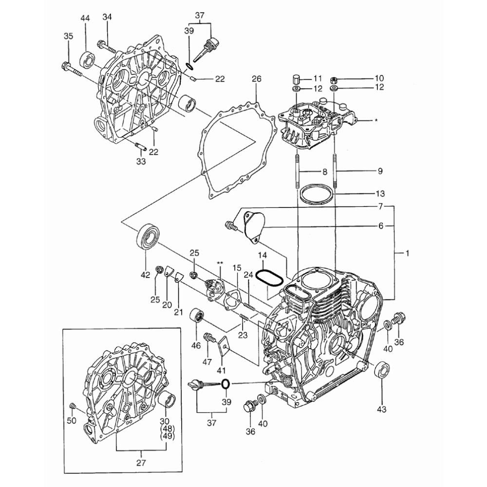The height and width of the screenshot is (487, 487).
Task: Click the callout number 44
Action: click(85, 19)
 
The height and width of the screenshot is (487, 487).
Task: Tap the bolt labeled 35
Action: click(72, 70)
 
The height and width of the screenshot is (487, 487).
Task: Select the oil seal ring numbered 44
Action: click(88, 59)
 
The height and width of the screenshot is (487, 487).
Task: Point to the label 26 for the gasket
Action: click(257, 79)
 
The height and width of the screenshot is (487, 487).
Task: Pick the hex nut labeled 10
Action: click(334, 79)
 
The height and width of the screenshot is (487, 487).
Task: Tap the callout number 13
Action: click(380, 193)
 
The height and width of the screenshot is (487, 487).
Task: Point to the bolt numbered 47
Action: click(209, 337)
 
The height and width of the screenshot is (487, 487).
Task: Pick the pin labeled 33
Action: click(140, 146)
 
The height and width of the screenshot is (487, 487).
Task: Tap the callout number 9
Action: click(380, 171)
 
